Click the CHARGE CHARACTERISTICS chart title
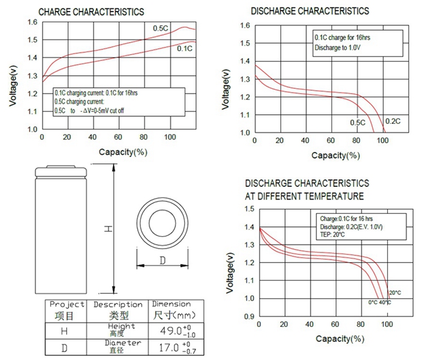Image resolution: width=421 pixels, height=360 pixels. (x=91, y=11)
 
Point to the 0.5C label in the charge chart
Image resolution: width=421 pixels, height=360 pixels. (x=160, y=28)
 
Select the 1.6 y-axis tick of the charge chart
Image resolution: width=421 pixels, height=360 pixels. (x=31, y=22)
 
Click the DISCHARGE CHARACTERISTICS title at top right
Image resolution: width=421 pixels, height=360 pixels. (x=310, y=11)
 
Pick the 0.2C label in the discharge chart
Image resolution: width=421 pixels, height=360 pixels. (x=392, y=122)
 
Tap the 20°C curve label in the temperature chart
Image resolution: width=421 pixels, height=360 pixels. (x=395, y=293)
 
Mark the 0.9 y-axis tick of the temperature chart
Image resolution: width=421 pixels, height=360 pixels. (x=248, y=316)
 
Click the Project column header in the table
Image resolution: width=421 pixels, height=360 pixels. (x=67, y=304)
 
